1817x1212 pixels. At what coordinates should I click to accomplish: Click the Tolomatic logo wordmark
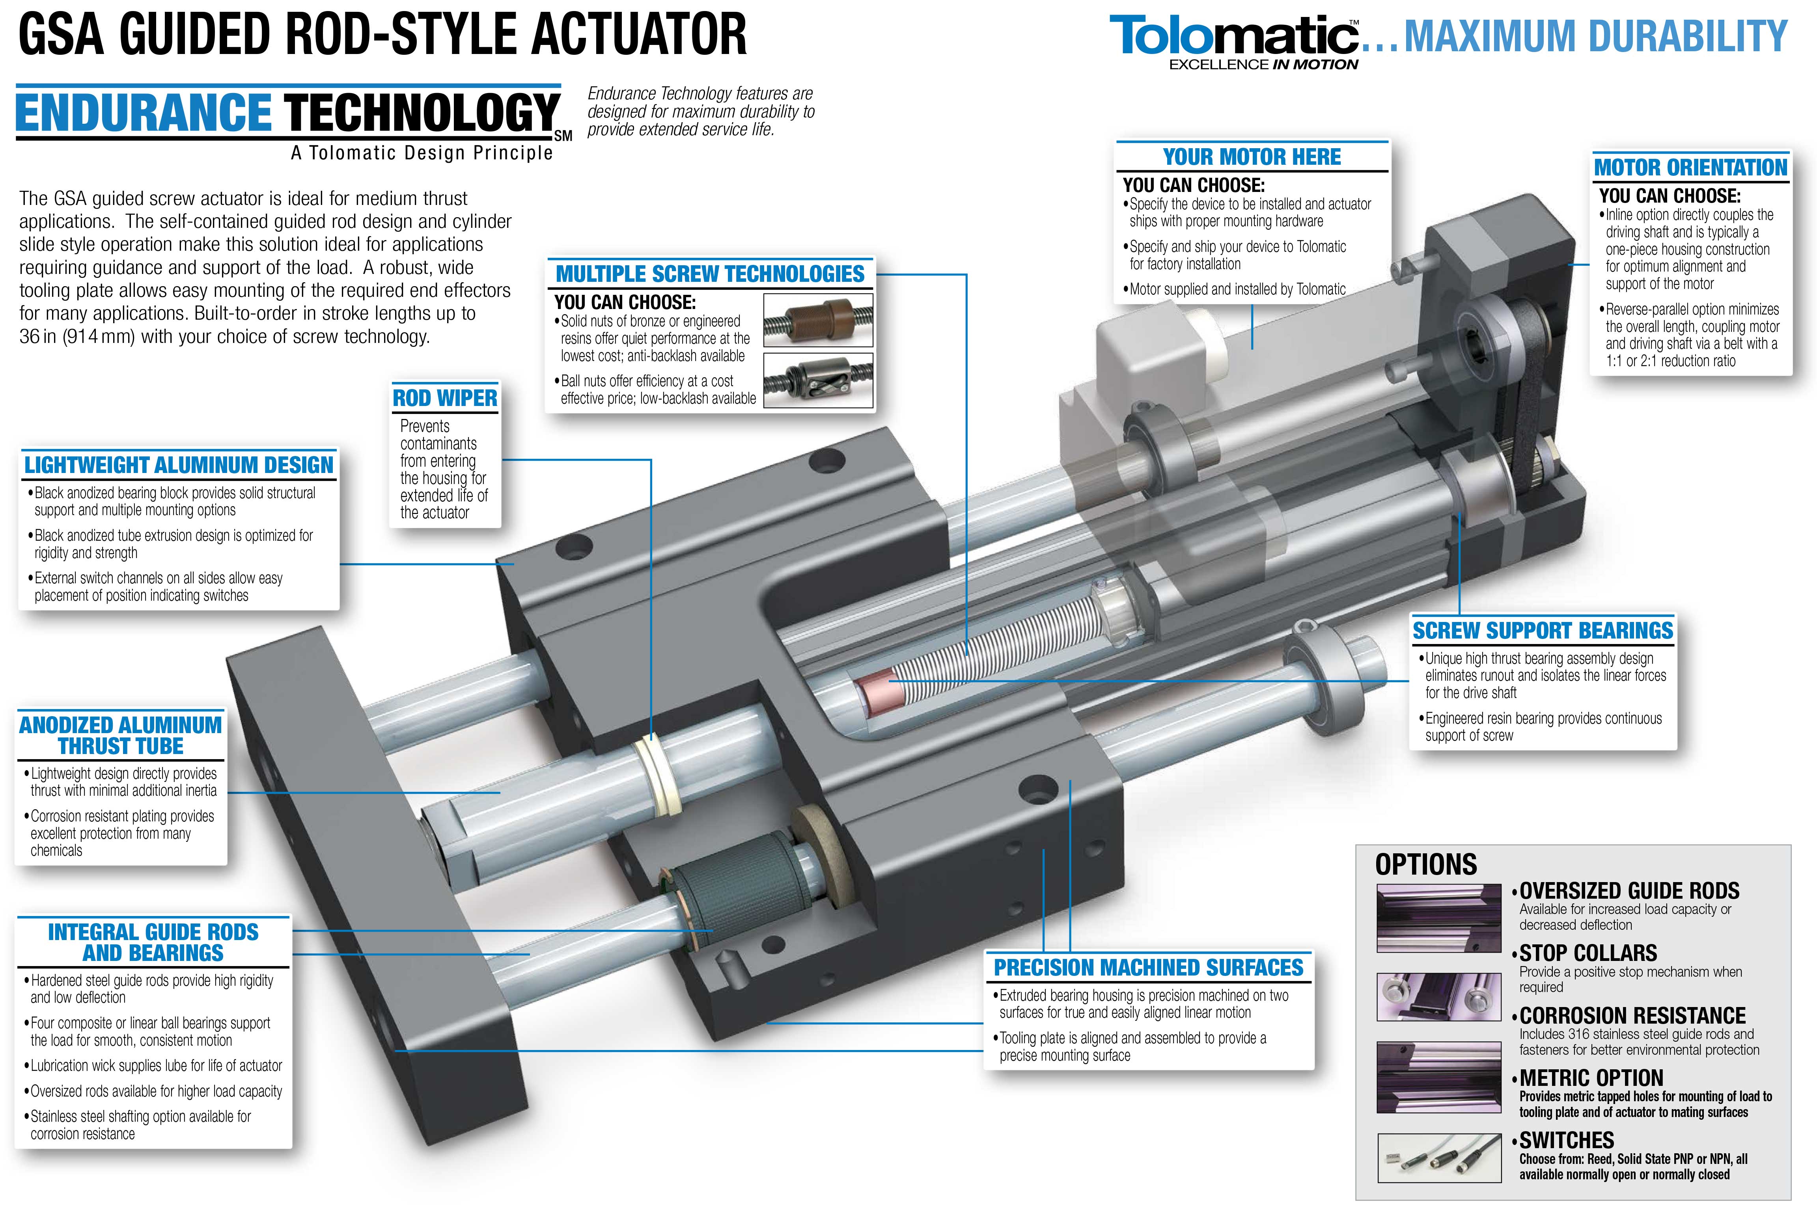(1235, 36)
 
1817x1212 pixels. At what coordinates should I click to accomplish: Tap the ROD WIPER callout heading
(444, 398)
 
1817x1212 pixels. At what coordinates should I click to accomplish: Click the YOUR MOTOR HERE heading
(1252, 157)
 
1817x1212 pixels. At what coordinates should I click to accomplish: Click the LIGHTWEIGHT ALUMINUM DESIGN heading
(179, 465)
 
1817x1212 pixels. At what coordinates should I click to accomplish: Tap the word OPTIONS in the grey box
(1426, 864)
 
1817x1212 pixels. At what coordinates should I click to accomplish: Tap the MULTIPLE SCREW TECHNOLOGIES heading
(710, 274)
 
